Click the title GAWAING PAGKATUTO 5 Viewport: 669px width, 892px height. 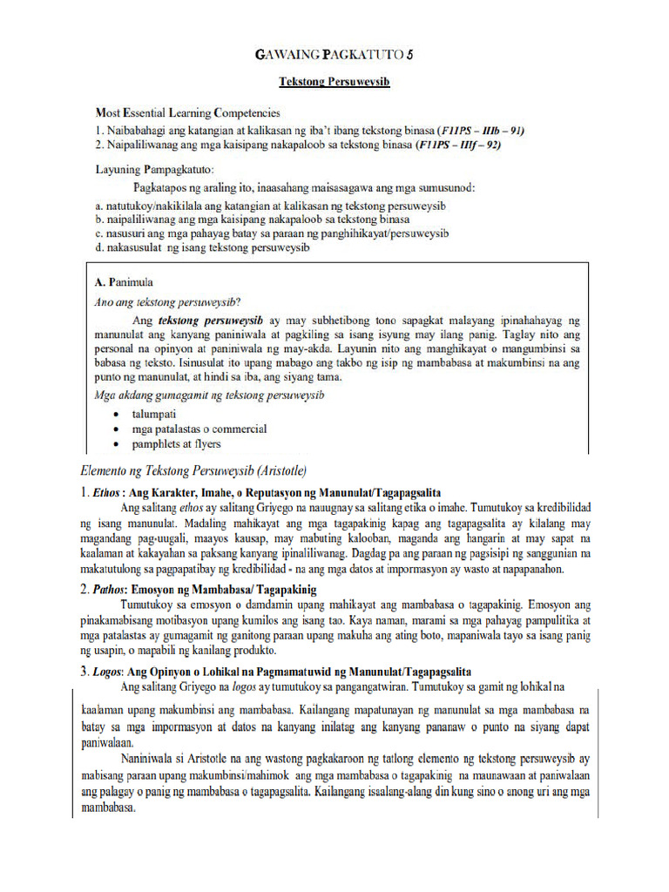click(x=334, y=55)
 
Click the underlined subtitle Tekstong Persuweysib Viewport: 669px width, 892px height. click(x=334, y=82)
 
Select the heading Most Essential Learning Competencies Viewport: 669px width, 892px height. click(x=187, y=112)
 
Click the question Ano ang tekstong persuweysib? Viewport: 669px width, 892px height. click(x=167, y=302)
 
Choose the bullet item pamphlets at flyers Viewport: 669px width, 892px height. click(x=177, y=444)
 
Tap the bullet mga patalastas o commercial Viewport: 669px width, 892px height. click(x=199, y=429)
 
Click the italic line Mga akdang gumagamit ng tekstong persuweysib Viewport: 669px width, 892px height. click(x=208, y=395)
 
